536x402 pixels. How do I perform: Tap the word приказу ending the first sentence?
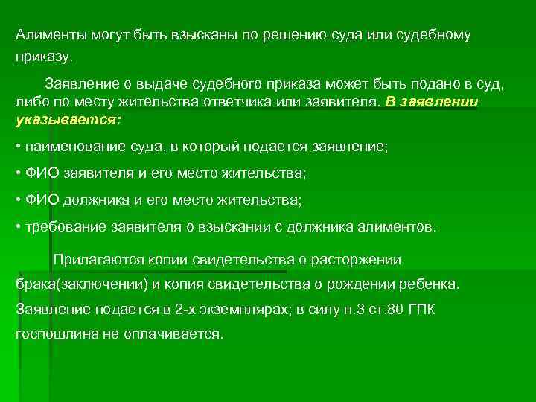(x=43, y=56)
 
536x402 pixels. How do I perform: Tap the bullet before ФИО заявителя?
(x=18, y=173)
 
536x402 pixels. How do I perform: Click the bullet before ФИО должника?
(x=18, y=200)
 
